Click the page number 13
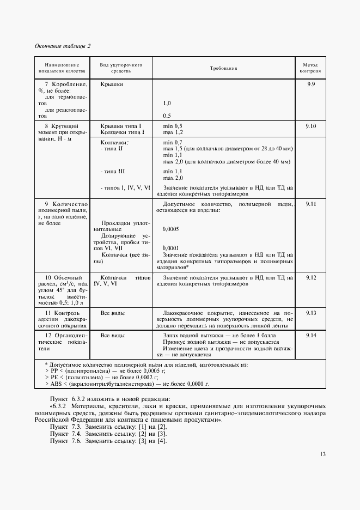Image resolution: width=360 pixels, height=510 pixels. point(323,454)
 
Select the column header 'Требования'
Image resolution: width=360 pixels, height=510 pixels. point(224,68)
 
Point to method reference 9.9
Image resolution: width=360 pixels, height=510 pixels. point(312,84)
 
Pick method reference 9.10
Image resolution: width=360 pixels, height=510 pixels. point(312,126)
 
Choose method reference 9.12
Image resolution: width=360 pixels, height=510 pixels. point(312,277)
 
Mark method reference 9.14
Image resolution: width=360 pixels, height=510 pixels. point(312,336)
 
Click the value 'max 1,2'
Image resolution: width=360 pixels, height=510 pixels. point(173,132)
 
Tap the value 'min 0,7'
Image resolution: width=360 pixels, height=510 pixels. point(172,142)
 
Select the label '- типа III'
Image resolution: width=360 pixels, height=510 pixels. point(113,171)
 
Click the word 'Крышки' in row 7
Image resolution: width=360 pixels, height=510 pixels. point(112,84)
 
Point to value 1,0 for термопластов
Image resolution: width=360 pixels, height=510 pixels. point(167,103)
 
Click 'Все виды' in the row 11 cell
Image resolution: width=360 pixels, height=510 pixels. point(112,313)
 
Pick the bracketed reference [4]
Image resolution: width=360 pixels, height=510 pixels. point(162,440)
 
